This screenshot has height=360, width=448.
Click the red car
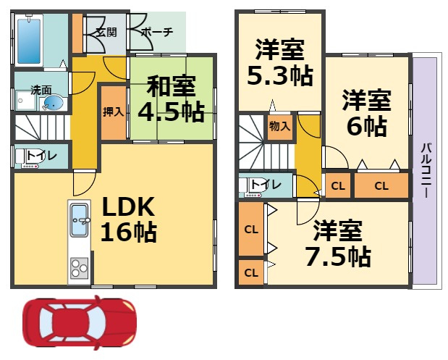[80, 322]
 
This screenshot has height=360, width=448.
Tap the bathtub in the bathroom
[29, 41]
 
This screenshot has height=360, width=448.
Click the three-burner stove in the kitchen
[79, 268]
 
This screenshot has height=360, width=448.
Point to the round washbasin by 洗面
[54, 103]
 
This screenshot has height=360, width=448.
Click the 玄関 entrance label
[106, 33]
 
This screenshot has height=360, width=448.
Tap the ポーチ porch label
[158, 32]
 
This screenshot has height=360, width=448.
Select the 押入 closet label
[114, 112]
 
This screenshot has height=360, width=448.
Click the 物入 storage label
[280, 126]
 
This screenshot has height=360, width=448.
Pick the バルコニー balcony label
[426, 170]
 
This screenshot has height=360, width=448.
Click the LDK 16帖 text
[129, 219]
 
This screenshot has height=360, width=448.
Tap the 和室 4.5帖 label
[171, 99]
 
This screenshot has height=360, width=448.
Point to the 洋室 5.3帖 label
[280, 62]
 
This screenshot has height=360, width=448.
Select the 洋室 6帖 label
[367, 113]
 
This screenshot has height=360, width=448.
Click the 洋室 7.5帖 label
[338, 243]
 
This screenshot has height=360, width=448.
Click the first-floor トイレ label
[42, 156]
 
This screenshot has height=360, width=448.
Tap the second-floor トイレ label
[266, 185]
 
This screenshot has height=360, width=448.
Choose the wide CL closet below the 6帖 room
[381, 185]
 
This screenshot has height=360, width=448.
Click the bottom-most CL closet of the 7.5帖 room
[251, 272]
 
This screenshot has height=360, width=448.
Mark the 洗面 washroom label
[41, 91]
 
